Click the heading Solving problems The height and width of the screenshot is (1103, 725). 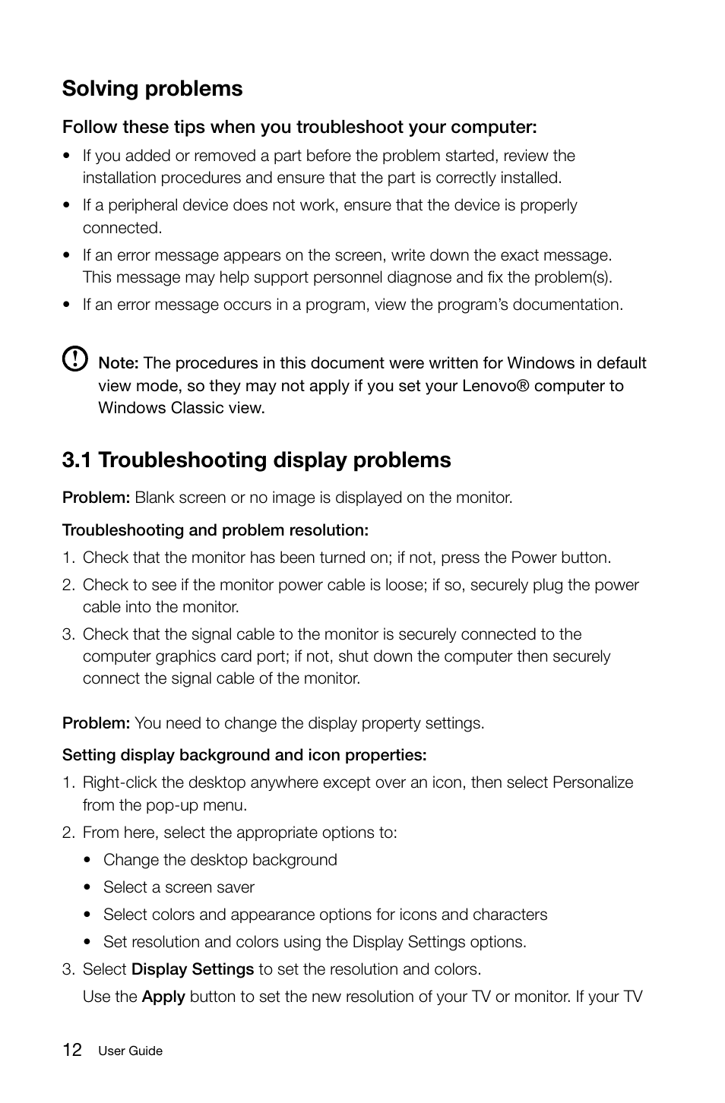pyautogui.click(x=152, y=89)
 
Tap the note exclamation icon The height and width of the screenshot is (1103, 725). pyautogui.click(x=74, y=359)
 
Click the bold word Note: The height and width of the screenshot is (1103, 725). pyautogui.click(x=118, y=363)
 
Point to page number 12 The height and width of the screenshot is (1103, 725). pyautogui.click(x=72, y=1051)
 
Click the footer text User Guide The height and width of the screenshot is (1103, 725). pyautogui.click(x=130, y=1051)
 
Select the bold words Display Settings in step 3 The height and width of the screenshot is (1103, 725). pyautogui.click(x=192, y=969)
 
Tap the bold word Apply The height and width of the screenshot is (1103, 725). pyautogui.click(x=163, y=997)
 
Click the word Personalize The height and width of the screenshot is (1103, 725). pyautogui.click(x=592, y=782)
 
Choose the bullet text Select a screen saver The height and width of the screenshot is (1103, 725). pyautogui.click(x=179, y=887)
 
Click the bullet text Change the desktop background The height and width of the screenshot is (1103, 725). pyautogui.click(x=220, y=860)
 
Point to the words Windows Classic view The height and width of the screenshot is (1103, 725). pyautogui.click(x=181, y=408)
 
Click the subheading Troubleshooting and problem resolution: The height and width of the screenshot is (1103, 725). pyautogui.click(x=215, y=530)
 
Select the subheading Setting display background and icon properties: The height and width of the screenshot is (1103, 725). pyautogui.click(x=244, y=755)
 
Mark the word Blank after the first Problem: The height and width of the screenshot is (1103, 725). pyautogui.click(x=154, y=498)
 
